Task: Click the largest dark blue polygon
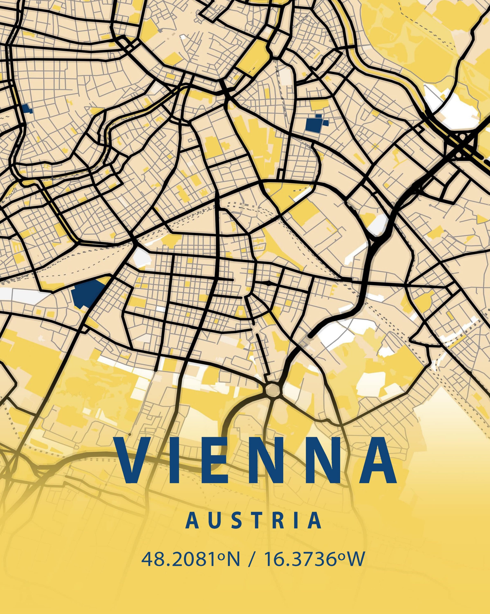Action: [87, 293]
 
